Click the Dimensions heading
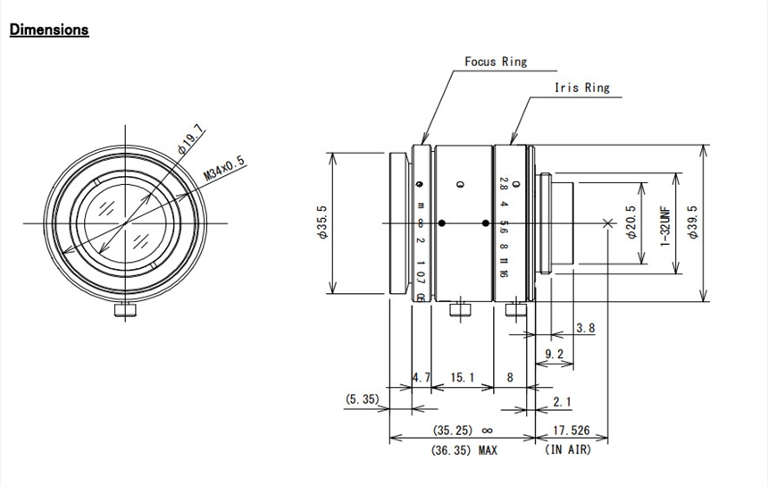pos(49,29)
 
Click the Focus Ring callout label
pos(496,62)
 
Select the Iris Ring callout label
pos(581,88)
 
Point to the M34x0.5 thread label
pos(224,168)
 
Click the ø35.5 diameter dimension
pos(321,222)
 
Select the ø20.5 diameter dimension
pos(630,224)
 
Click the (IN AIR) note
pos(568,449)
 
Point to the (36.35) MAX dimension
pos(465,450)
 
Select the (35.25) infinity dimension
pos(463,431)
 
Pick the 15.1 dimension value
pos(462,378)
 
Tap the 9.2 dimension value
pos(554,355)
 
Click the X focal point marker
pos(609,222)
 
